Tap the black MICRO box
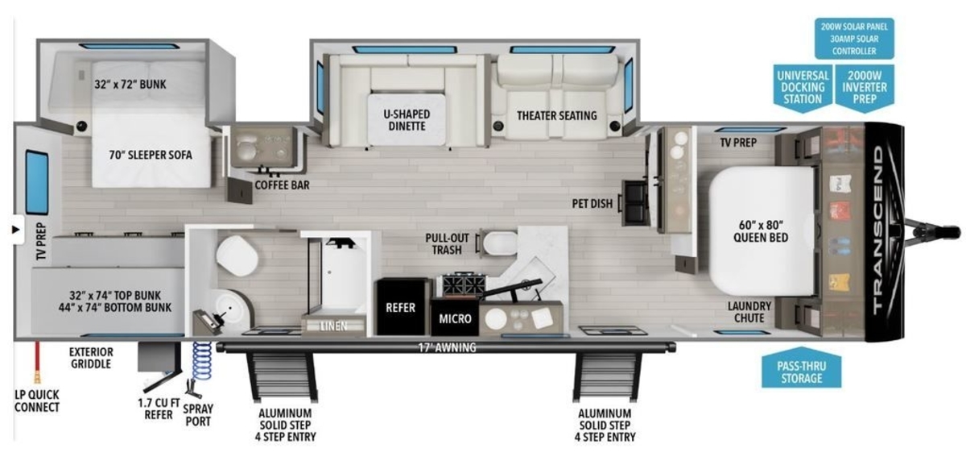point(455,318)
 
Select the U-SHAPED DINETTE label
point(407,120)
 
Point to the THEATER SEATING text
point(557,116)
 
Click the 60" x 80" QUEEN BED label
point(761,231)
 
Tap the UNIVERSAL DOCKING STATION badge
point(802,89)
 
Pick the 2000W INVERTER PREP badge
point(865,89)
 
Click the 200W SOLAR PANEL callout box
point(854,39)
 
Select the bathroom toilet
point(237,255)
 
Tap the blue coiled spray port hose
point(202,361)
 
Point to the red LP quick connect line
point(38,362)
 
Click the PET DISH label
point(592,204)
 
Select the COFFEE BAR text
point(282,185)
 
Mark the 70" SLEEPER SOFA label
point(151,155)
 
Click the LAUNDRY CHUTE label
point(749,312)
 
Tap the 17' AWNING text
point(448,347)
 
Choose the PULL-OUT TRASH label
point(447,244)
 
